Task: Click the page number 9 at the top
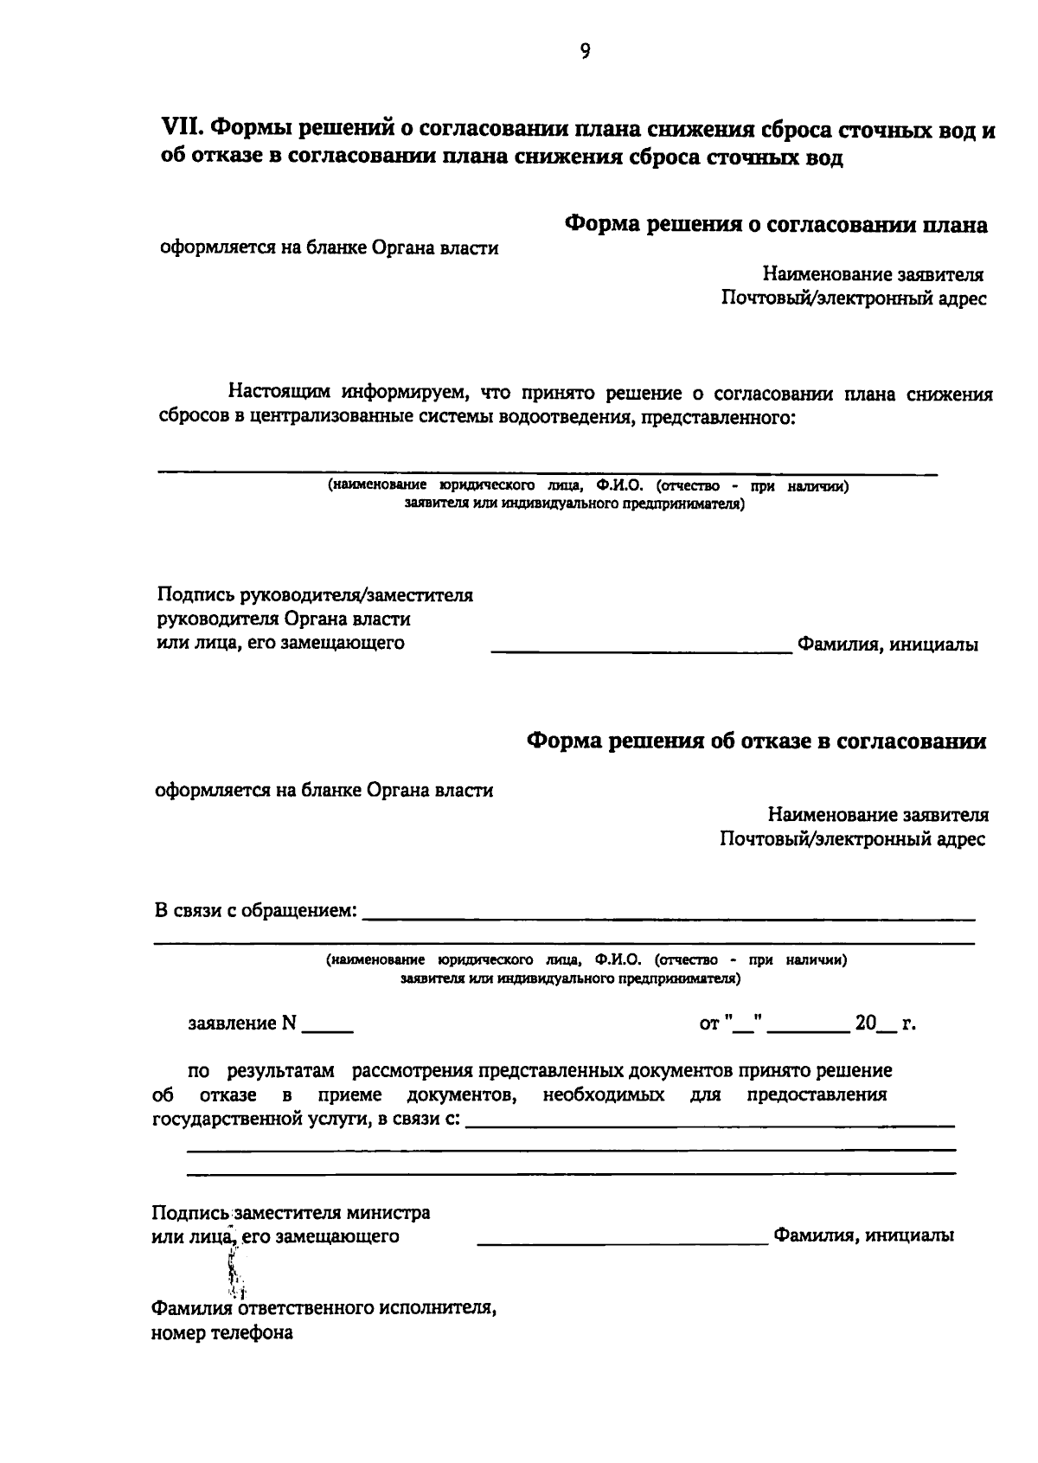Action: [x=585, y=52]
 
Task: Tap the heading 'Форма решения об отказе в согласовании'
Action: [x=756, y=741]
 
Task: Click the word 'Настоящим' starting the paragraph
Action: [x=278, y=395]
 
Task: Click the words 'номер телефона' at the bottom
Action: [x=222, y=1332]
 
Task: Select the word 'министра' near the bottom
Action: [x=391, y=1212]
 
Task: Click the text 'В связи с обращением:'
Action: [x=255, y=911]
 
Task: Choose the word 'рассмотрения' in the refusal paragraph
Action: [x=413, y=1071]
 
